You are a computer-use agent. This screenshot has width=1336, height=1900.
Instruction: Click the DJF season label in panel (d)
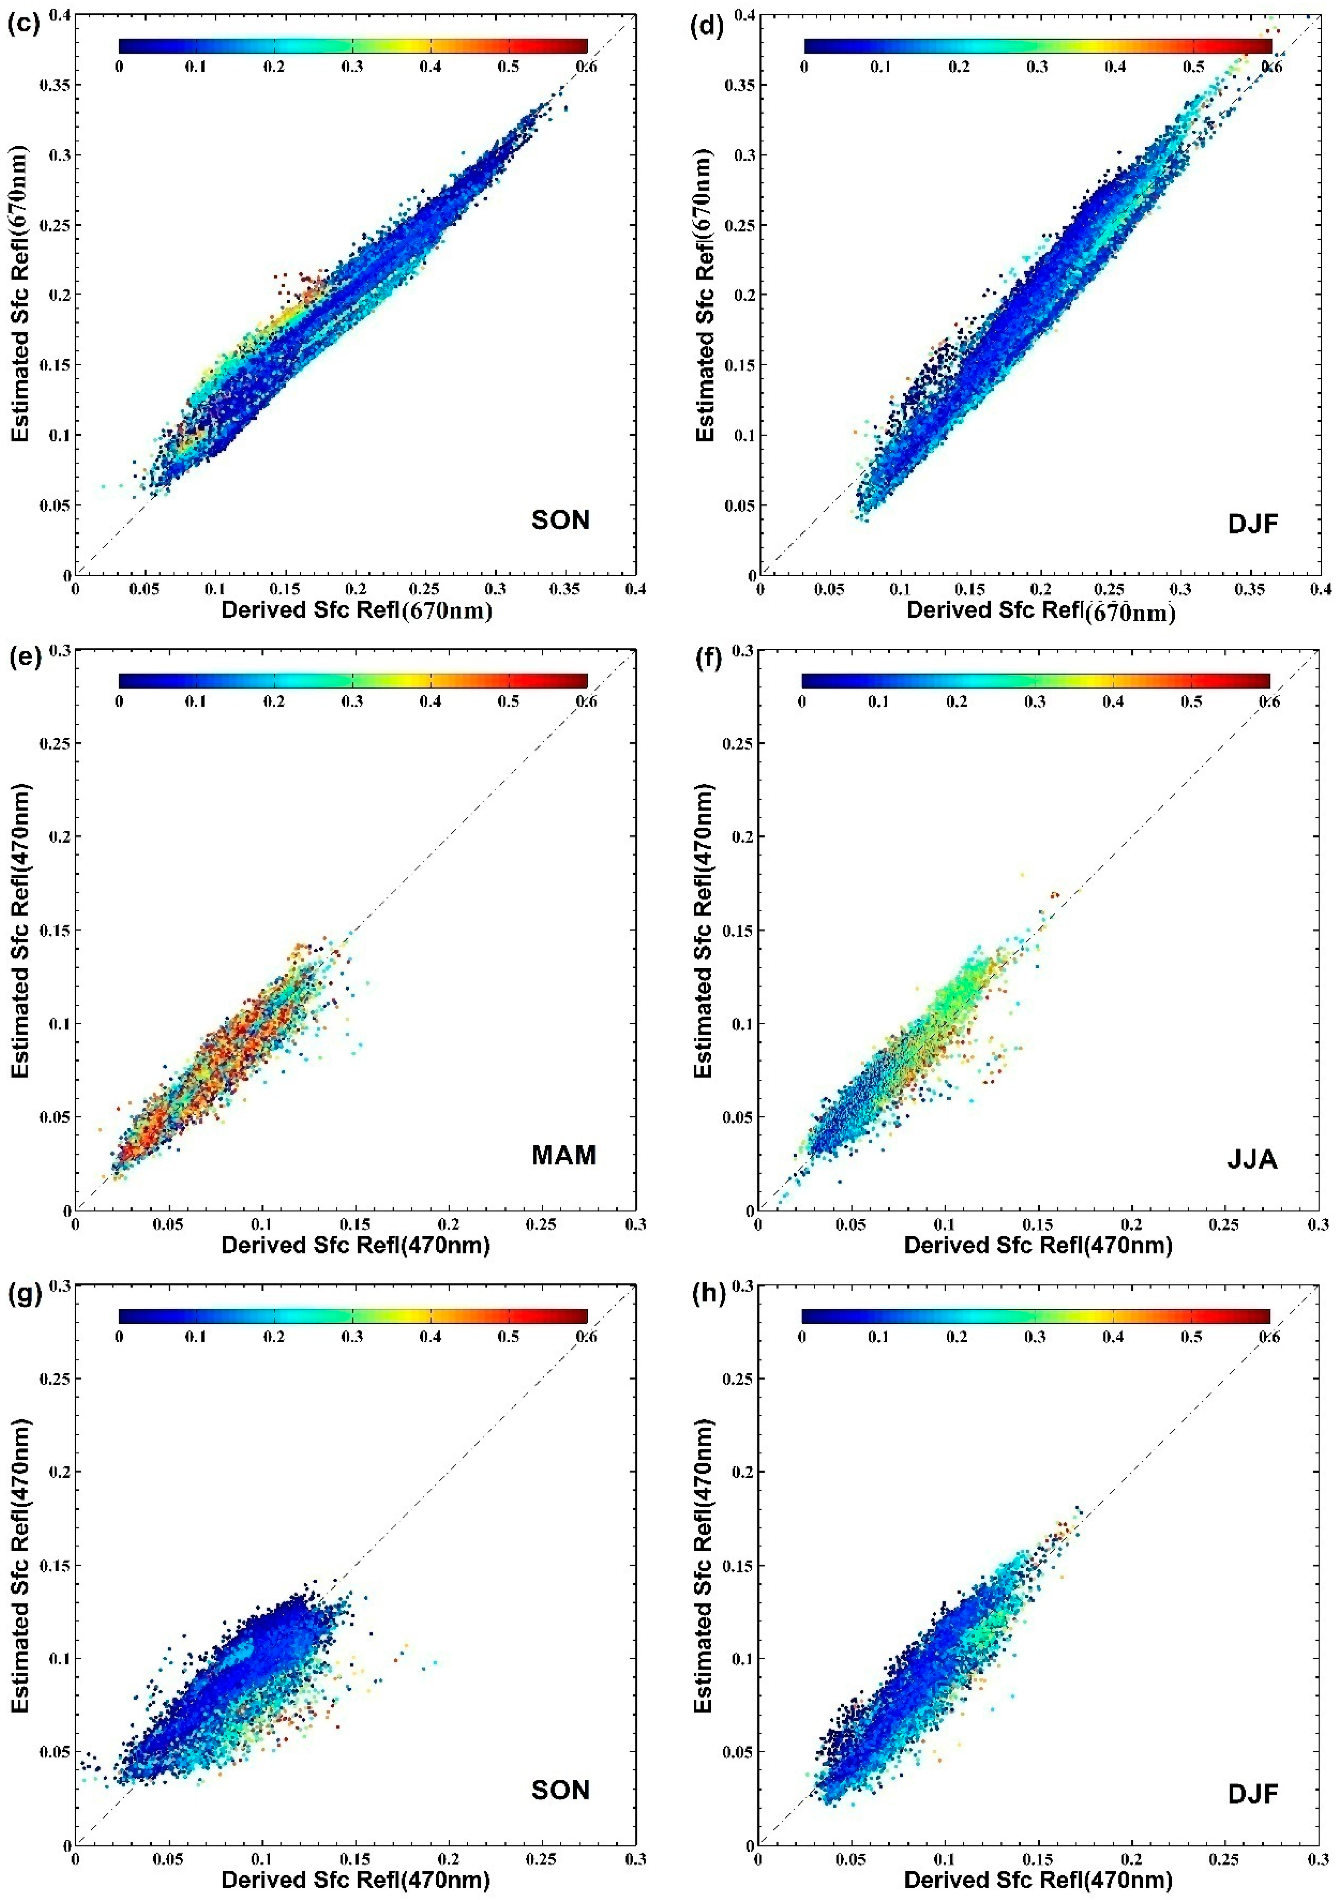(1253, 524)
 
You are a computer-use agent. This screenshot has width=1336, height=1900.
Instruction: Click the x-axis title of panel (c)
(357, 611)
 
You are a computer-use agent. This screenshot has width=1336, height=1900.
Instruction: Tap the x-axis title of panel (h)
(1038, 1879)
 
